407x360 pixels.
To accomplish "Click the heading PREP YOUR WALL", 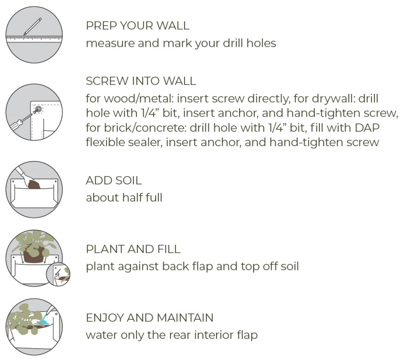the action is click(x=138, y=26).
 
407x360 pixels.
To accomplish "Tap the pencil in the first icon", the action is click(x=32, y=26).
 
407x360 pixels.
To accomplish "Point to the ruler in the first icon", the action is click(x=34, y=39).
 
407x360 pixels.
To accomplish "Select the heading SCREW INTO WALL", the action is click(x=141, y=81).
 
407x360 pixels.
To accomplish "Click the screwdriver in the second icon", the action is click(x=21, y=121).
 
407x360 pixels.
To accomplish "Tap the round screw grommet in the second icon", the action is click(x=39, y=109).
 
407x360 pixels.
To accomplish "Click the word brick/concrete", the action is click(x=146, y=127).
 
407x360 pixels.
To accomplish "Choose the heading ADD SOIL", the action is click(x=114, y=180).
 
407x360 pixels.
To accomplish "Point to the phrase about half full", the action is click(x=124, y=197).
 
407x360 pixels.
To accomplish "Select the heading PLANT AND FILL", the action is click(x=133, y=249).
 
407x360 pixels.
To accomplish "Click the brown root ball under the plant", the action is click(x=33, y=253).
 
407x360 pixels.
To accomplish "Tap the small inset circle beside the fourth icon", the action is click(x=58, y=274).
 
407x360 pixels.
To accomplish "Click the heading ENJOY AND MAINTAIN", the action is click(x=149, y=318).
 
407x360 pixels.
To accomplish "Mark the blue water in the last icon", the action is click(x=43, y=320).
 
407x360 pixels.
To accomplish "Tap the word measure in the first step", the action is click(x=110, y=43).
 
